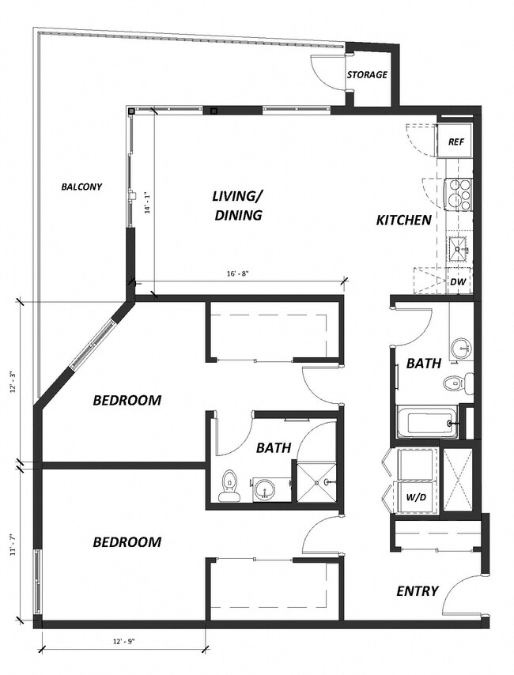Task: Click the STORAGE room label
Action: (x=367, y=75)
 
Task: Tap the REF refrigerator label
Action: (x=455, y=142)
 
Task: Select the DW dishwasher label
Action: (x=457, y=281)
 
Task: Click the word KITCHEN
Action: (x=403, y=221)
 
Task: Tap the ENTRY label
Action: (x=417, y=590)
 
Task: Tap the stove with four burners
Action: (x=459, y=193)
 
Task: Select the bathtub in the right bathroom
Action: (x=428, y=423)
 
